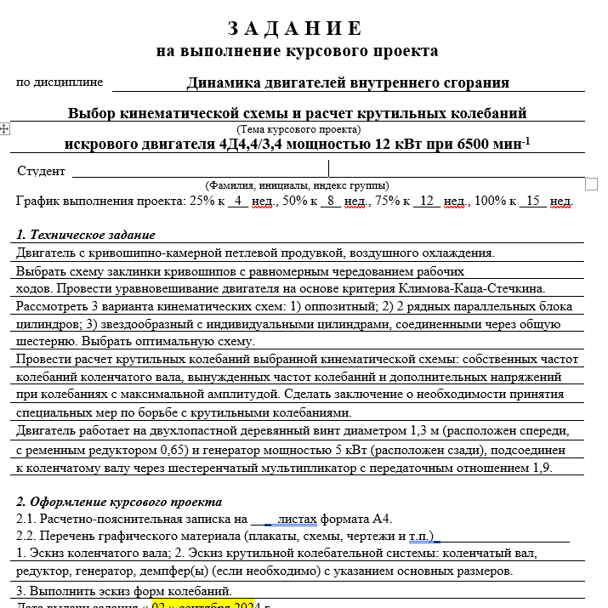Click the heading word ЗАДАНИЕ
pos(297,29)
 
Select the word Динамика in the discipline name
pos(221,82)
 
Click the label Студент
pos(41,171)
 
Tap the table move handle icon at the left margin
pos(5,128)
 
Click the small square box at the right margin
pos(592,184)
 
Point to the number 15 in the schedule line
pos(533,201)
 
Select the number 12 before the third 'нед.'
pos(427,201)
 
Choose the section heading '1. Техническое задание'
pos(86,235)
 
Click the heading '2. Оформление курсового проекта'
pos(118,502)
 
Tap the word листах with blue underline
pos(298,519)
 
